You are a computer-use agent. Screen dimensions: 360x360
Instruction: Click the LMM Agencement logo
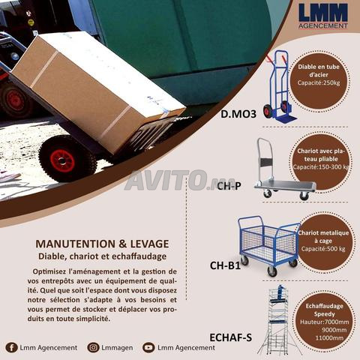pos(323,16)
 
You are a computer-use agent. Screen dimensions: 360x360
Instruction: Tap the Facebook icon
pos(11,347)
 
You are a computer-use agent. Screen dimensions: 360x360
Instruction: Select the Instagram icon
pos(93,347)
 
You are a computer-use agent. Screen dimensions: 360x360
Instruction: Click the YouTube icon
pos(148,347)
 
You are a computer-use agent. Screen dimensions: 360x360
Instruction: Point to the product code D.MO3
pos(238,114)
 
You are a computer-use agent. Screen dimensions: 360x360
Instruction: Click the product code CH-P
pos(229,186)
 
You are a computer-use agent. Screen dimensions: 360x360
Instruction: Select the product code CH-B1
pos(225,265)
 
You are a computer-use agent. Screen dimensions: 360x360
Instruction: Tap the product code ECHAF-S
pos(230,337)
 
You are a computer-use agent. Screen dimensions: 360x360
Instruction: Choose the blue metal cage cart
pos(268,246)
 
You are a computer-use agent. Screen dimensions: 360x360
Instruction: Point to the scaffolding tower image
pos(280,319)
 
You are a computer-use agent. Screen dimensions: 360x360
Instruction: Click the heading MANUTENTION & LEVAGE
pos(102,244)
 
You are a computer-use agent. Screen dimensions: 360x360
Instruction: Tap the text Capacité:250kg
pos(319,82)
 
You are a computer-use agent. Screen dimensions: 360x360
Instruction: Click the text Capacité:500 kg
pos(323,249)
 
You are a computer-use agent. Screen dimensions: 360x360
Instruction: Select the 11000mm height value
pos(329,338)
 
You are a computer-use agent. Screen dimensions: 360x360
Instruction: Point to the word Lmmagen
pos(117,348)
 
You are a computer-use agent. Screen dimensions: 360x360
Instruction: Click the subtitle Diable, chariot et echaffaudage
pos(102,256)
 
